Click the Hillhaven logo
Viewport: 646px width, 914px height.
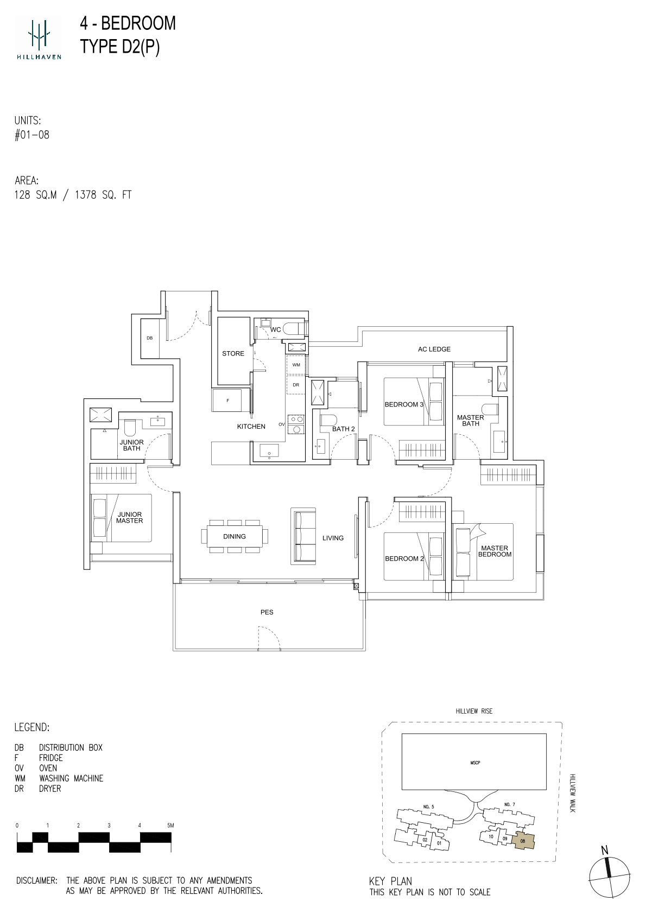click(39, 38)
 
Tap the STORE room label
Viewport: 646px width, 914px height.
click(233, 353)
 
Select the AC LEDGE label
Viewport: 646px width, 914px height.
click(434, 350)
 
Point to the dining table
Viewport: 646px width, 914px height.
click(235, 536)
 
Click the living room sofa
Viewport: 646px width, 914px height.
click(303, 536)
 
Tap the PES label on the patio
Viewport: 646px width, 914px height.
click(267, 612)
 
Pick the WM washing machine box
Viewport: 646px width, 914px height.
click(296, 365)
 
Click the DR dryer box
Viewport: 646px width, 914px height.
click(296, 385)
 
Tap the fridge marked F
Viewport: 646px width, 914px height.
click(227, 401)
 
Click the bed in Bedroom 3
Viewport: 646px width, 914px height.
click(414, 402)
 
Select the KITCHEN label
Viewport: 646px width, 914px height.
click(251, 427)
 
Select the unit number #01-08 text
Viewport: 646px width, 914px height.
click(32, 135)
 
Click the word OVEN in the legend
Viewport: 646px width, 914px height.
click(48, 768)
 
